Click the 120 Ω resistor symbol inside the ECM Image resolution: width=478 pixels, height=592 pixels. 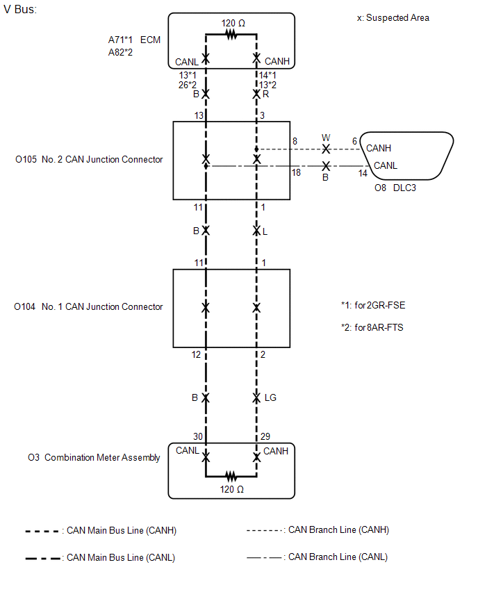click(231, 35)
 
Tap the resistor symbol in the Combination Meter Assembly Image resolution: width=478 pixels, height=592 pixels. click(231, 476)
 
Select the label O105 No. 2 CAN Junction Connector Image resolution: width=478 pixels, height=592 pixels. click(89, 159)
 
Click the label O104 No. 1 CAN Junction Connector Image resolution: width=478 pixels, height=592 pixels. click(88, 306)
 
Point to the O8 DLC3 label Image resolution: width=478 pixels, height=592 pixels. click(395, 188)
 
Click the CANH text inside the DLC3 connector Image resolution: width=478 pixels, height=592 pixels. click(379, 148)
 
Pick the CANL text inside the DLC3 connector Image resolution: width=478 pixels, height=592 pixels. click(386, 165)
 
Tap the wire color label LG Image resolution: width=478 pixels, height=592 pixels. click(270, 397)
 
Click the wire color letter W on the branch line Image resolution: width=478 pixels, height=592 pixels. click(326, 138)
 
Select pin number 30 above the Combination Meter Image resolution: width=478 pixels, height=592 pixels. click(198, 436)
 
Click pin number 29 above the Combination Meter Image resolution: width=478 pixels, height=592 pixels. click(265, 436)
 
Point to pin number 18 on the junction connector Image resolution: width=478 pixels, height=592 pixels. click(296, 172)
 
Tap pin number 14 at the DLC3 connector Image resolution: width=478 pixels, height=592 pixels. click(363, 173)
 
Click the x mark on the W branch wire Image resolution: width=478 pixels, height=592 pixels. click(326, 149)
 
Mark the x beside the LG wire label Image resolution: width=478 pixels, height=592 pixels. click(256, 397)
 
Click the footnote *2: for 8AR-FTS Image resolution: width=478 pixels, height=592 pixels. click(372, 327)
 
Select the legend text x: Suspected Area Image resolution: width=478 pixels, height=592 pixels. click(393, 18)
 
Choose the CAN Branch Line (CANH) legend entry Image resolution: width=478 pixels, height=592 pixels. click(318, 529)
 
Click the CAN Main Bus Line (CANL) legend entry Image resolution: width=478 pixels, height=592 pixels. click(101, 558)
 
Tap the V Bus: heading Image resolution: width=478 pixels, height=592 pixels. click(20, 9)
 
